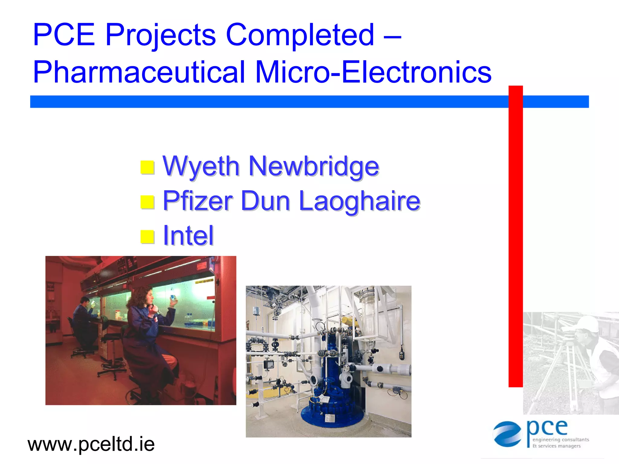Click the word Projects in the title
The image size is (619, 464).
pos(160,36)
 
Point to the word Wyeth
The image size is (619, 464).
pos(201,167)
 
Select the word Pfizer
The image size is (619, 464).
pos(197,201)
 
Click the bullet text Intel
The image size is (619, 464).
pos(188,236)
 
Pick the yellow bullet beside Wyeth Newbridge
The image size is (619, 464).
pos(147,168)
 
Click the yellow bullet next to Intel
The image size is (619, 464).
pos(147,237)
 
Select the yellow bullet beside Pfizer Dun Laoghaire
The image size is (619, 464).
pos(147,202)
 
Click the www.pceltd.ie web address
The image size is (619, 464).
pos(91,444)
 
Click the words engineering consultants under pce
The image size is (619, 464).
pos(560,439)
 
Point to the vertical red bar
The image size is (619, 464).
pos(515,236)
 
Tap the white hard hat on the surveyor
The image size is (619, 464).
pos(588,324)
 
